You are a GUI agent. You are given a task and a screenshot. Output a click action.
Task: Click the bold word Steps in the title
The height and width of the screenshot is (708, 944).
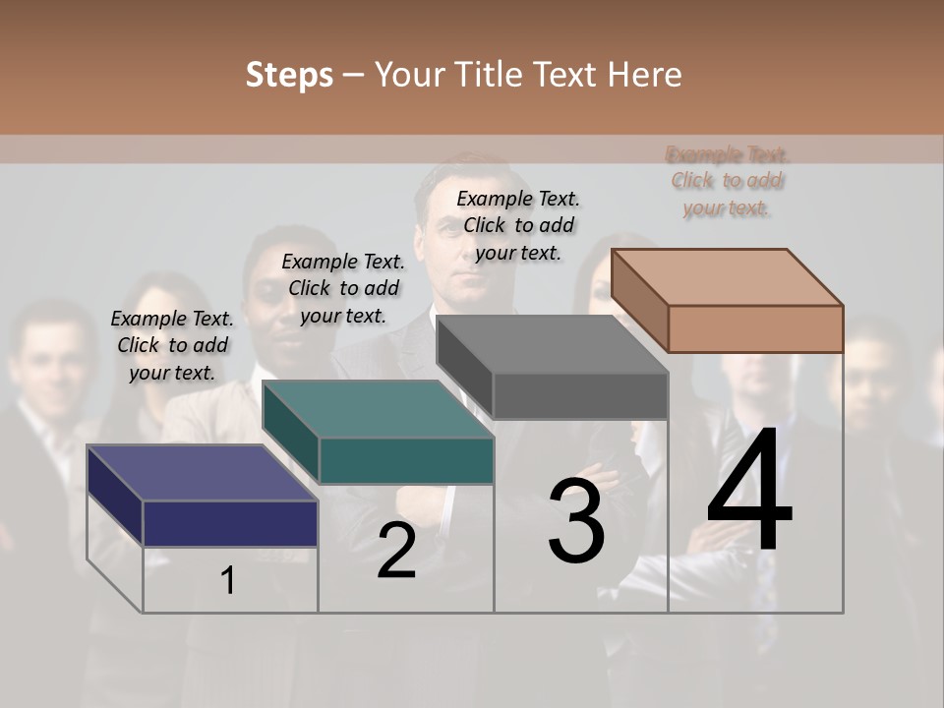click(289, 75)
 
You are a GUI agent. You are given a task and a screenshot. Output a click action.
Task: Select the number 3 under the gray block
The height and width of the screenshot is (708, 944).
click(576, 520)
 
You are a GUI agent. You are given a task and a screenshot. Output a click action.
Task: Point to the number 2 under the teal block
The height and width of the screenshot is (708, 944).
click(396, 551)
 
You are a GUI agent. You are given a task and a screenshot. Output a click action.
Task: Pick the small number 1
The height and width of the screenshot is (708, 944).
click(227, 581)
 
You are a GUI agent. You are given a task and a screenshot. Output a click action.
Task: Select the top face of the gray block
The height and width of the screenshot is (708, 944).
click(552, 345)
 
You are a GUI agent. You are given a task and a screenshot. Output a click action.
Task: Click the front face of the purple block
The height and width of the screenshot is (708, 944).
click(230, 523)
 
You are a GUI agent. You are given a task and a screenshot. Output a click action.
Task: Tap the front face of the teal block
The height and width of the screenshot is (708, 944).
click(405, 460)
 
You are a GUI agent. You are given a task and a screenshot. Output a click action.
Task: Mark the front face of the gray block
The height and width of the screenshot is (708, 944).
click(580, 396)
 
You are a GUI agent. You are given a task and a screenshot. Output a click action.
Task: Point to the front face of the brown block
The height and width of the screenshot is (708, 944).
click(755, 328)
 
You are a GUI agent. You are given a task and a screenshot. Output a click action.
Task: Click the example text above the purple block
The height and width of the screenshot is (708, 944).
click(172, 345)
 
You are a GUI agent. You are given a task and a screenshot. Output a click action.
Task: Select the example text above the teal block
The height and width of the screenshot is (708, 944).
click(343, 288)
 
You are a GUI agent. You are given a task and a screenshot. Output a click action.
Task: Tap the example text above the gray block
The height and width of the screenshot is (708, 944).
click(518, 225)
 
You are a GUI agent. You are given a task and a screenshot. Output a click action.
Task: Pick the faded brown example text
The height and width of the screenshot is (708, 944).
click(727, 181)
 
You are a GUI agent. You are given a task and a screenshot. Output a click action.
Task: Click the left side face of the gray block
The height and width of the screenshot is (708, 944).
click(464, 365)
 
